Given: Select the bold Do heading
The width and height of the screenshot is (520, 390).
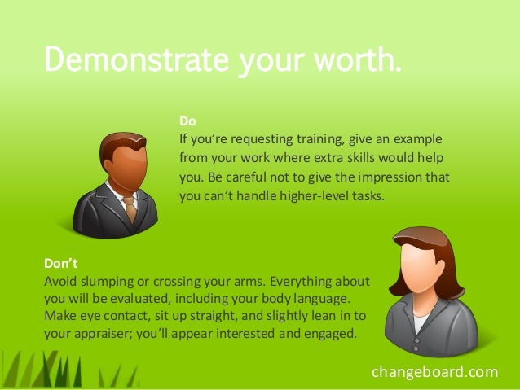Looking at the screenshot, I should tap(187, 121).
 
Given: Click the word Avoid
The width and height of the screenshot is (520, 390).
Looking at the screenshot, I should tap(59, 281).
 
